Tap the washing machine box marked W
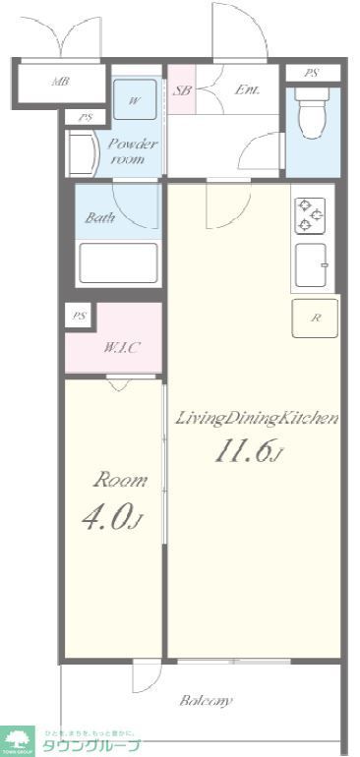(134, 100)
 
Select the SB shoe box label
(182, 90)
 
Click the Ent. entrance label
(246, 90)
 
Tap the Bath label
(99, 218)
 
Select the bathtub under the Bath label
(117, 262)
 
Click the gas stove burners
(311, 216)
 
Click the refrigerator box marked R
(315, 318)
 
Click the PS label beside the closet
(78, 317)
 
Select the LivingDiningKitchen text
(256, 419)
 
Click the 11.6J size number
(248, 453)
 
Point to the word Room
(120, 481)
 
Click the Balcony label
(206, 701)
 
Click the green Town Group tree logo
(18, 740)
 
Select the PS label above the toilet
(311, 74)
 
